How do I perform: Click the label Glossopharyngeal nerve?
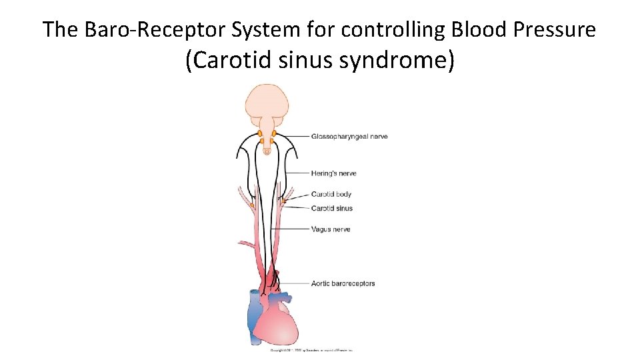coord(349,137)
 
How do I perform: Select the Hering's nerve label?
coord(333,173)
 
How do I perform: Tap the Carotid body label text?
coord(331,195)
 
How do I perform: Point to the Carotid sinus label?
coord(331,209)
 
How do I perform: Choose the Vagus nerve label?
coord(330,229)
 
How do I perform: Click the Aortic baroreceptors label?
coord(343,283)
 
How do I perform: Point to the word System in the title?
coord(267,29)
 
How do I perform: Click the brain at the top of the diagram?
coord(267,103)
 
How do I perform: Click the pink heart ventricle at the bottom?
coord(280,327)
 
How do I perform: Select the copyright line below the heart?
coord(311,349)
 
